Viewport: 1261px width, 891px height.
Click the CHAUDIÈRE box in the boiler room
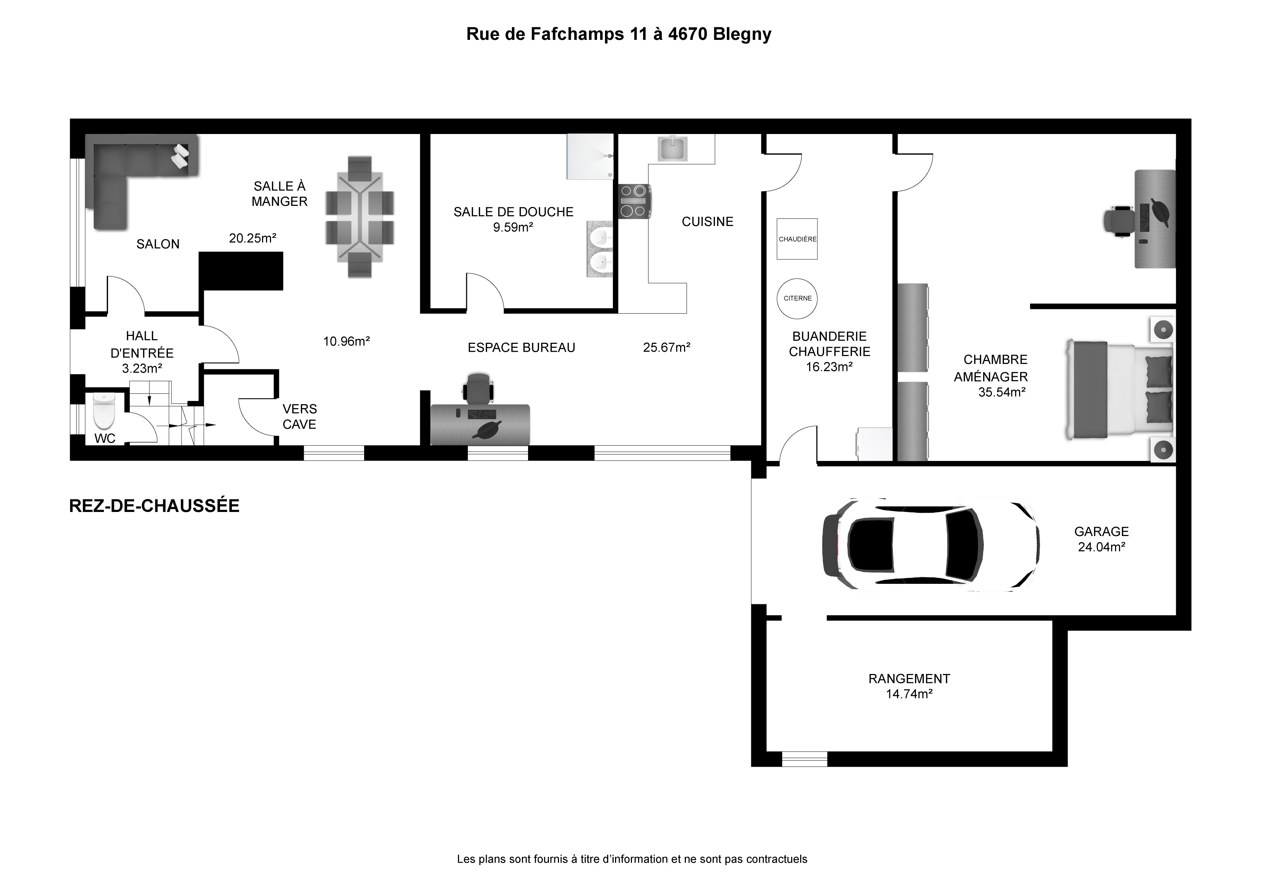pyautogui.click(x=797, y=239)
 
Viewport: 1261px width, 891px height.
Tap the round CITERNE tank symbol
pyautogui.click(x=797, y=298)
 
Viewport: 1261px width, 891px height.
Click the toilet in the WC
pyautogui.click(x=104, y=411)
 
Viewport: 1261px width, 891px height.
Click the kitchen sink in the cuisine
pyautogui.click(x=672, y=149)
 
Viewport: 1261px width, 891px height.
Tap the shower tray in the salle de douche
pyautogui.click(x=590, y=156)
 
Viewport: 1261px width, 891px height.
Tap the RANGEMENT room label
pyautogui.click(x=909, y=679)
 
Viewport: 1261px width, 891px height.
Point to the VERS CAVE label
pyautogui.click(x=299, y=417)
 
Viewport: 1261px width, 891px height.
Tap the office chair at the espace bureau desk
pyautogui.click(x=477, y=389)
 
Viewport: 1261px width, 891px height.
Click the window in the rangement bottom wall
pyautogui.click(x=804, y=759)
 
